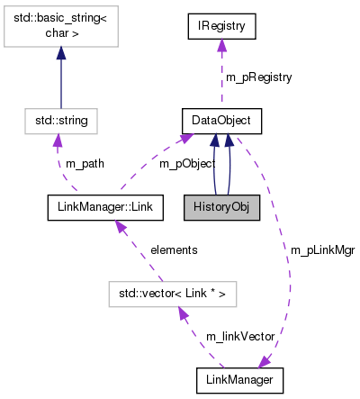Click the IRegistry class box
point(221,26)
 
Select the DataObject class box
point(221,120)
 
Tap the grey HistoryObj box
point(221,207)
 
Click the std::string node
point(60,120)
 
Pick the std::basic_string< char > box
point(60,26)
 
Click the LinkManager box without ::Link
point(240,380)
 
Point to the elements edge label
point(174,249)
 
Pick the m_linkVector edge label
point(237,336)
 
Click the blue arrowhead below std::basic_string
point(60,54)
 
